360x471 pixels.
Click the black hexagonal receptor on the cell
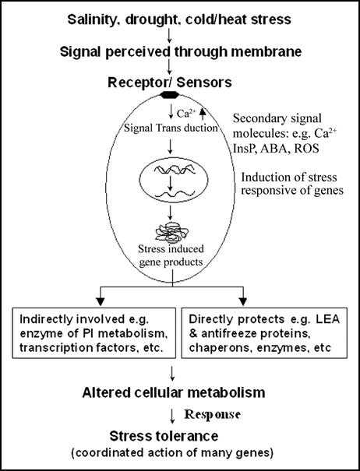pyautogui.click(x=169, y=95)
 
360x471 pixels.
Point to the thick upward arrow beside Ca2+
pyautogui.click(x=203, y=114)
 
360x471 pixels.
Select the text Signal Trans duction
pyautogui.click(x=171, y=128)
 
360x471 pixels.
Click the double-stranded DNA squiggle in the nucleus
pyautogui.click(x=175, y=170)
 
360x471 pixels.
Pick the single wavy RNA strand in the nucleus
pyautogui.click(x=174, y=194)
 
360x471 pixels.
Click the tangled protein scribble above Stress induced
pyautogui.click(x=171, y=233)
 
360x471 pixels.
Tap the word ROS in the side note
pyautogui.click(x=306, y=149)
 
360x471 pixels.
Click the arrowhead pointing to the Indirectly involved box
pyautogui.click(x=101, y=301)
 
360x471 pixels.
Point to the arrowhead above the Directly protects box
pyautogui.click(x=243, y=301)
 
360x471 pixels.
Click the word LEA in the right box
pyautogui.click(x=327, y=319)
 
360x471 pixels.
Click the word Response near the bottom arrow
pyautogui.click(x=212, y=414)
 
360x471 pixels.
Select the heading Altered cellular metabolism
pyautogui.click(x=174, y=392)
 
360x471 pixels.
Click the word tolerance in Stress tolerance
pyautogui.click(x=188, y=436)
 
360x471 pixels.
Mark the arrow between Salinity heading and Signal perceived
pyautogui.click(x=169, y=36)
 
